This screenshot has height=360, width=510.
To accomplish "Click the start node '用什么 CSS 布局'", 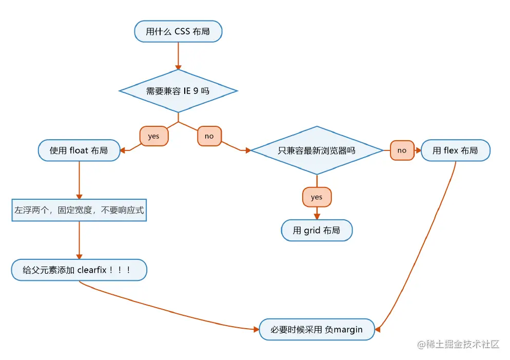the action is pos(178,31).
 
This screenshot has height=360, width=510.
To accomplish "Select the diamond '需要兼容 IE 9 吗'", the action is pos(178,91).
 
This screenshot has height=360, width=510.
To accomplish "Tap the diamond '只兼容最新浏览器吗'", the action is pos(317,150).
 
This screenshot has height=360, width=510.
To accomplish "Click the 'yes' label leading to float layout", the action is pos(154,136).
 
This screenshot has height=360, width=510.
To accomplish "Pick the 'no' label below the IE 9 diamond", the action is pos(209,136).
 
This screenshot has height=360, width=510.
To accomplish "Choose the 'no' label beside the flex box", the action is pos(402,150).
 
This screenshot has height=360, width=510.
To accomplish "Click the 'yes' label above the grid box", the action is pos(317,197).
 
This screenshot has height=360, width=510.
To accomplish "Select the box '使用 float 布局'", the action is pos(79,150).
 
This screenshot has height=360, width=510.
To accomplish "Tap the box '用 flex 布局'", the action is pos(456,150).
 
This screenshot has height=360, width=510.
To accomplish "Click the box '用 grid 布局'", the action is pos(317,231).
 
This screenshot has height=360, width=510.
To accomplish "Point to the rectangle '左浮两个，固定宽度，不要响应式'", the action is pos(79,210).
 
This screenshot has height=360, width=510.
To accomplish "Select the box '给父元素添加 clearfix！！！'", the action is pos(79,270).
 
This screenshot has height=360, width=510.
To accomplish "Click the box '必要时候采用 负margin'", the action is pos(317,329).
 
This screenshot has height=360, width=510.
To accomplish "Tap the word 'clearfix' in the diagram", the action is pos(92,270).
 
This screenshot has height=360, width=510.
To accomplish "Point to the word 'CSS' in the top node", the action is pos(182,31).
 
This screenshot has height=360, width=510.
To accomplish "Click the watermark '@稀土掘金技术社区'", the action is pos(458,345).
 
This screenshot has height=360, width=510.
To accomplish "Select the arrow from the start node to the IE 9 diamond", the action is pos(178,56).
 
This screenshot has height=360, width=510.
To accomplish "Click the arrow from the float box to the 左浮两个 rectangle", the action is pos(79,180).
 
